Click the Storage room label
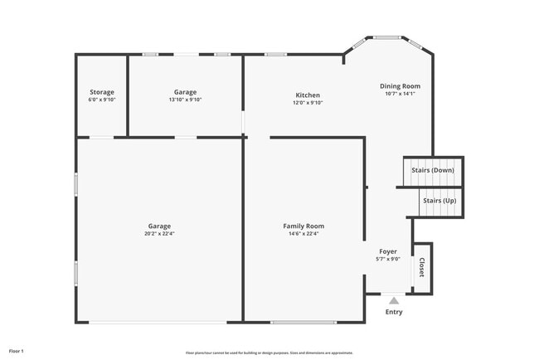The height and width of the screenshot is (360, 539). click(x=102, y=92)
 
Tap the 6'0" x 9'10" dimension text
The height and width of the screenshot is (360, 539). click(x=102, y=100)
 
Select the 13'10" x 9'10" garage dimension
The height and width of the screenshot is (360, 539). click(x=185, y=100)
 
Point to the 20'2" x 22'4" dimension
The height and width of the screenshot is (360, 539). click(x=159, y=233)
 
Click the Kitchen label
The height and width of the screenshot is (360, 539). click(x=307, y=95)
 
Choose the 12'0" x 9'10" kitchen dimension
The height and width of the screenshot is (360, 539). click(x=307, y=103)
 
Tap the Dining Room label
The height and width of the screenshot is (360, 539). click(x=400, y=86)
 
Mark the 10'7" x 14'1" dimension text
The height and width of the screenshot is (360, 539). click(x=400, y=94)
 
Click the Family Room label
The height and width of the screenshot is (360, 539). click(x=303, y=226)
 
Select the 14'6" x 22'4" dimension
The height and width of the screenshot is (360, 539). click(x=303, y=233)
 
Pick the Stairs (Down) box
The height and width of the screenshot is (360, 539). click(x=433, y=170)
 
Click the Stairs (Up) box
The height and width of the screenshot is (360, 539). click(x=439, y=201)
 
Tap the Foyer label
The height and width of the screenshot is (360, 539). click(x=388, y=251)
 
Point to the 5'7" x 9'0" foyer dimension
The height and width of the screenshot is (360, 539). click(x=388, y=259)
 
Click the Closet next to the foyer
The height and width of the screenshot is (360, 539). click(x=422, y=268)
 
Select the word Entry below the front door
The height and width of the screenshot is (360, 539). click(x=394, y=312)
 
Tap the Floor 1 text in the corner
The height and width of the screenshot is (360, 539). click(x=17, y=351)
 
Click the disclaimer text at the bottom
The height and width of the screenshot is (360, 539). click(x=269, y=352)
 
